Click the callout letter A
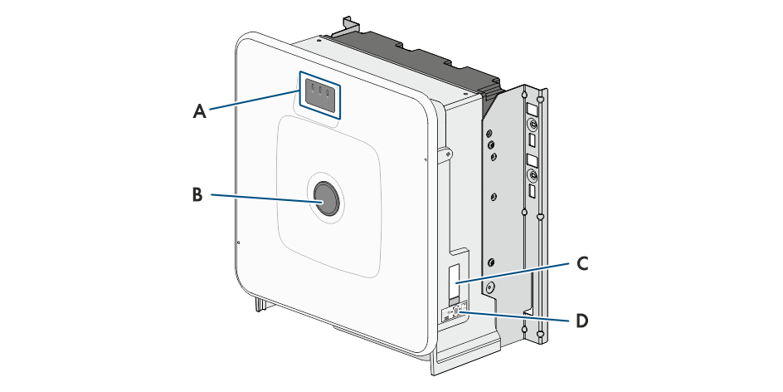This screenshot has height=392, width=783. point(200,111)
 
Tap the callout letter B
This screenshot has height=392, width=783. point(197,194)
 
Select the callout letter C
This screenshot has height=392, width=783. point(582,263)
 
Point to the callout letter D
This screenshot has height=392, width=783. point(582,321)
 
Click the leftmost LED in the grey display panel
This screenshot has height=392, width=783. point(313,88)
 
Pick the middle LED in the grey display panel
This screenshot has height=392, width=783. point(320,91)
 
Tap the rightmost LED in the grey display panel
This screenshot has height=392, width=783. point(328,93)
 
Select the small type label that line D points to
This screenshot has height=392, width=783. point(455,313)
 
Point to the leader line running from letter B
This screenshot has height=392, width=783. point(266,198)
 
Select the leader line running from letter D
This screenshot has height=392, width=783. point(515,316)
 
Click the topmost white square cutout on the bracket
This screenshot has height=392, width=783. point(533,109)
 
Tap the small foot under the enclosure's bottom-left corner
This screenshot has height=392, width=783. point(260,303)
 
